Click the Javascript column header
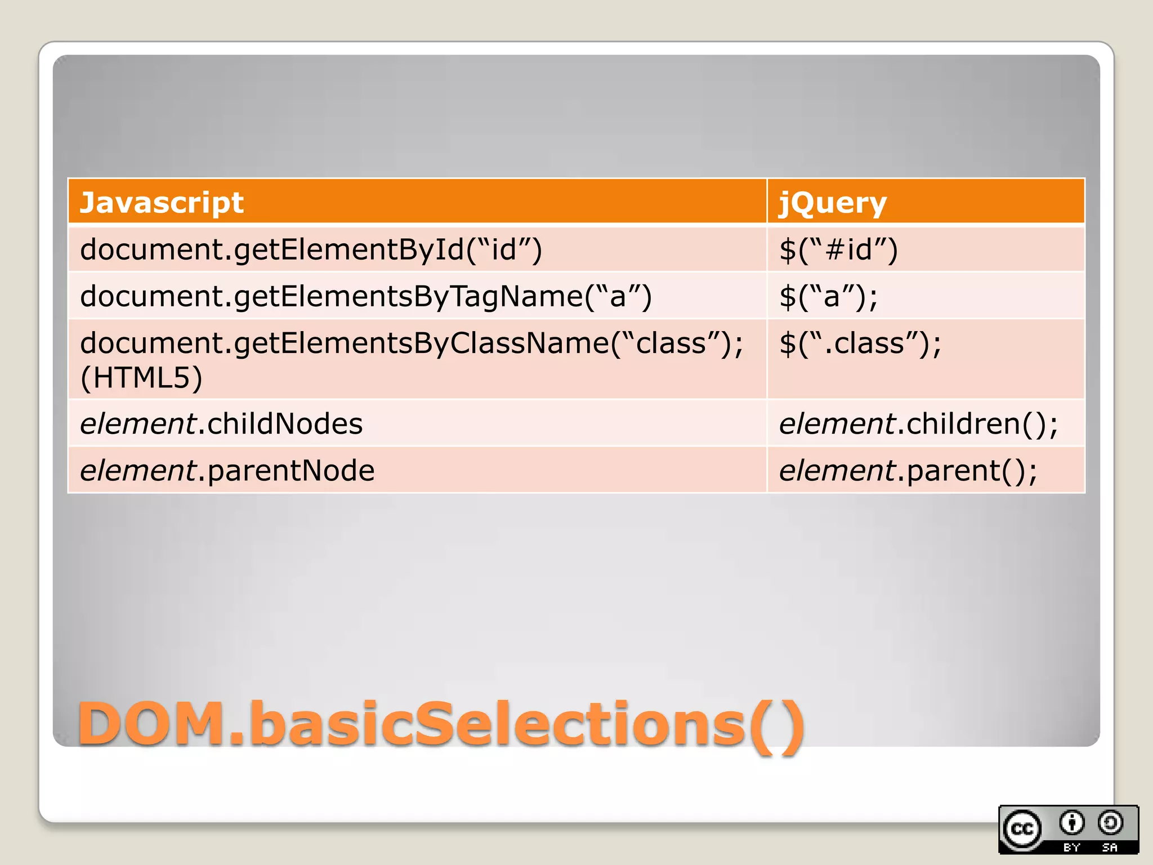coord(162,203)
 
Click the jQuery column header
coord(832,203)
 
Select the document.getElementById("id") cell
coord(311,249)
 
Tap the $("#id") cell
coord(838,249)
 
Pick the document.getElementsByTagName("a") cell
coord(366,296)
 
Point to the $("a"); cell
coord(828,296)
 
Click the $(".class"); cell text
coord(860,343)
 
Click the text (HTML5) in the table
coord(141,378)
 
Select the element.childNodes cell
coord(221,423)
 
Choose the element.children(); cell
coord(918,423)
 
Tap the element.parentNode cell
coord(227,470)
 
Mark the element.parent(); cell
coord(908,470)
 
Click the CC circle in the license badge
coord(1022,829)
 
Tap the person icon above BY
coord(1071,823)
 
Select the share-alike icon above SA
coord(1110,823)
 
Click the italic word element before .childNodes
coord(137,423)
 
